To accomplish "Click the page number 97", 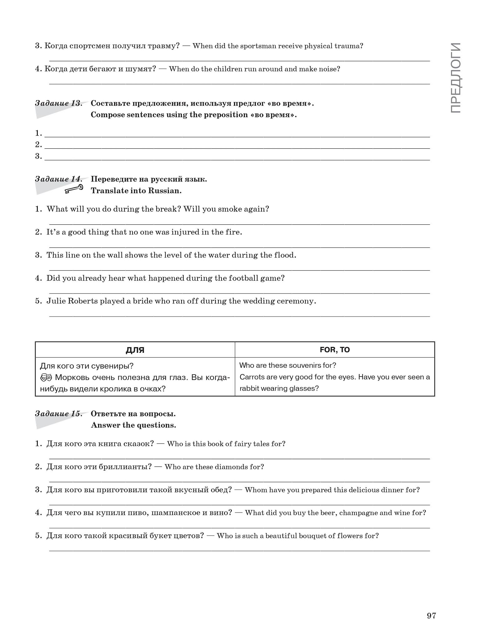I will [x=431, y=616].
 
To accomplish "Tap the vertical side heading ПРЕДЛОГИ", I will [x=456, y=78].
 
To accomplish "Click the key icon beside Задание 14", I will [x=74, y=189].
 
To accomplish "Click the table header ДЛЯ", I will [x=135, y=350].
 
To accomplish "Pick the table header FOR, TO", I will [x=335, y=350].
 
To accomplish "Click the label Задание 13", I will [x=58, y=103].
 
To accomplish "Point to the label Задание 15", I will [x=58, y=414].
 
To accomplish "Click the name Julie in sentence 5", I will [x=56, y=301].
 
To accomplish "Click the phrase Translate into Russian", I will [x=136, y=191].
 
